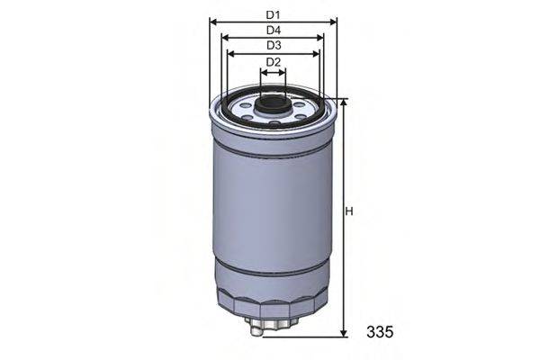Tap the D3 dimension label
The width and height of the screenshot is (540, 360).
click(x=274, y=45)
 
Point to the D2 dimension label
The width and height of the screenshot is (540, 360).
click(x=274, y=61)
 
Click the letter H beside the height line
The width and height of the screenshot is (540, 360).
click(x=350, y=212)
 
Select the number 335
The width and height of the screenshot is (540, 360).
click(x=380, y=332)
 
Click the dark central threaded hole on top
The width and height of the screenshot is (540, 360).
click(x=273, y=105)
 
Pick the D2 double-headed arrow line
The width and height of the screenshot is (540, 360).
click(x=273, y=70)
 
